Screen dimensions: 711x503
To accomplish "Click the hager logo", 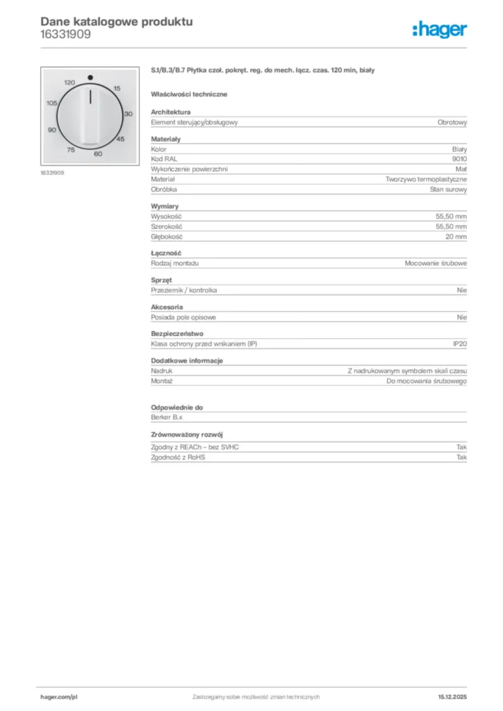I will coord(439,29).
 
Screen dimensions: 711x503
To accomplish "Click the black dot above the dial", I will coord(90,77).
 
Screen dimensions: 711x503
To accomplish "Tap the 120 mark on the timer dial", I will coord(69,83).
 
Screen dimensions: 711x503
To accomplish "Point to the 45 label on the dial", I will coord(119,140).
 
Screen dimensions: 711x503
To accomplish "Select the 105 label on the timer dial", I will coord(52,103).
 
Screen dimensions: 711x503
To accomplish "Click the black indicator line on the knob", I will coord(90,98).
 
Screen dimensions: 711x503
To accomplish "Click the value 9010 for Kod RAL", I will coord(459,159).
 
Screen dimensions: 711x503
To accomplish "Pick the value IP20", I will coord(460,344).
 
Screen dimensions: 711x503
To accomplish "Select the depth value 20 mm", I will coord(456,237).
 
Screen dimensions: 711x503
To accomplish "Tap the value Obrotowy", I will coord(452,122).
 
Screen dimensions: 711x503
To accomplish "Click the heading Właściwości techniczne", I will coord(189,94).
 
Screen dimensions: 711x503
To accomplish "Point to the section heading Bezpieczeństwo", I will coord(177,333).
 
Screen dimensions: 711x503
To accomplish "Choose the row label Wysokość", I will coord(166,217).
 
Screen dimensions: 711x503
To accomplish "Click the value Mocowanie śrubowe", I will coord(436,264).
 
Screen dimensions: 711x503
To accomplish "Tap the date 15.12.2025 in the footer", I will coord(452,696).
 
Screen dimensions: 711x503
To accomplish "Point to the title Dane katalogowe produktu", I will coord(117,22).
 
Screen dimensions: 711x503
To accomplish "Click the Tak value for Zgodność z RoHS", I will coord(461,458).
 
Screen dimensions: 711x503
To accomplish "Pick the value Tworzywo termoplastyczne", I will coord(426,179).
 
